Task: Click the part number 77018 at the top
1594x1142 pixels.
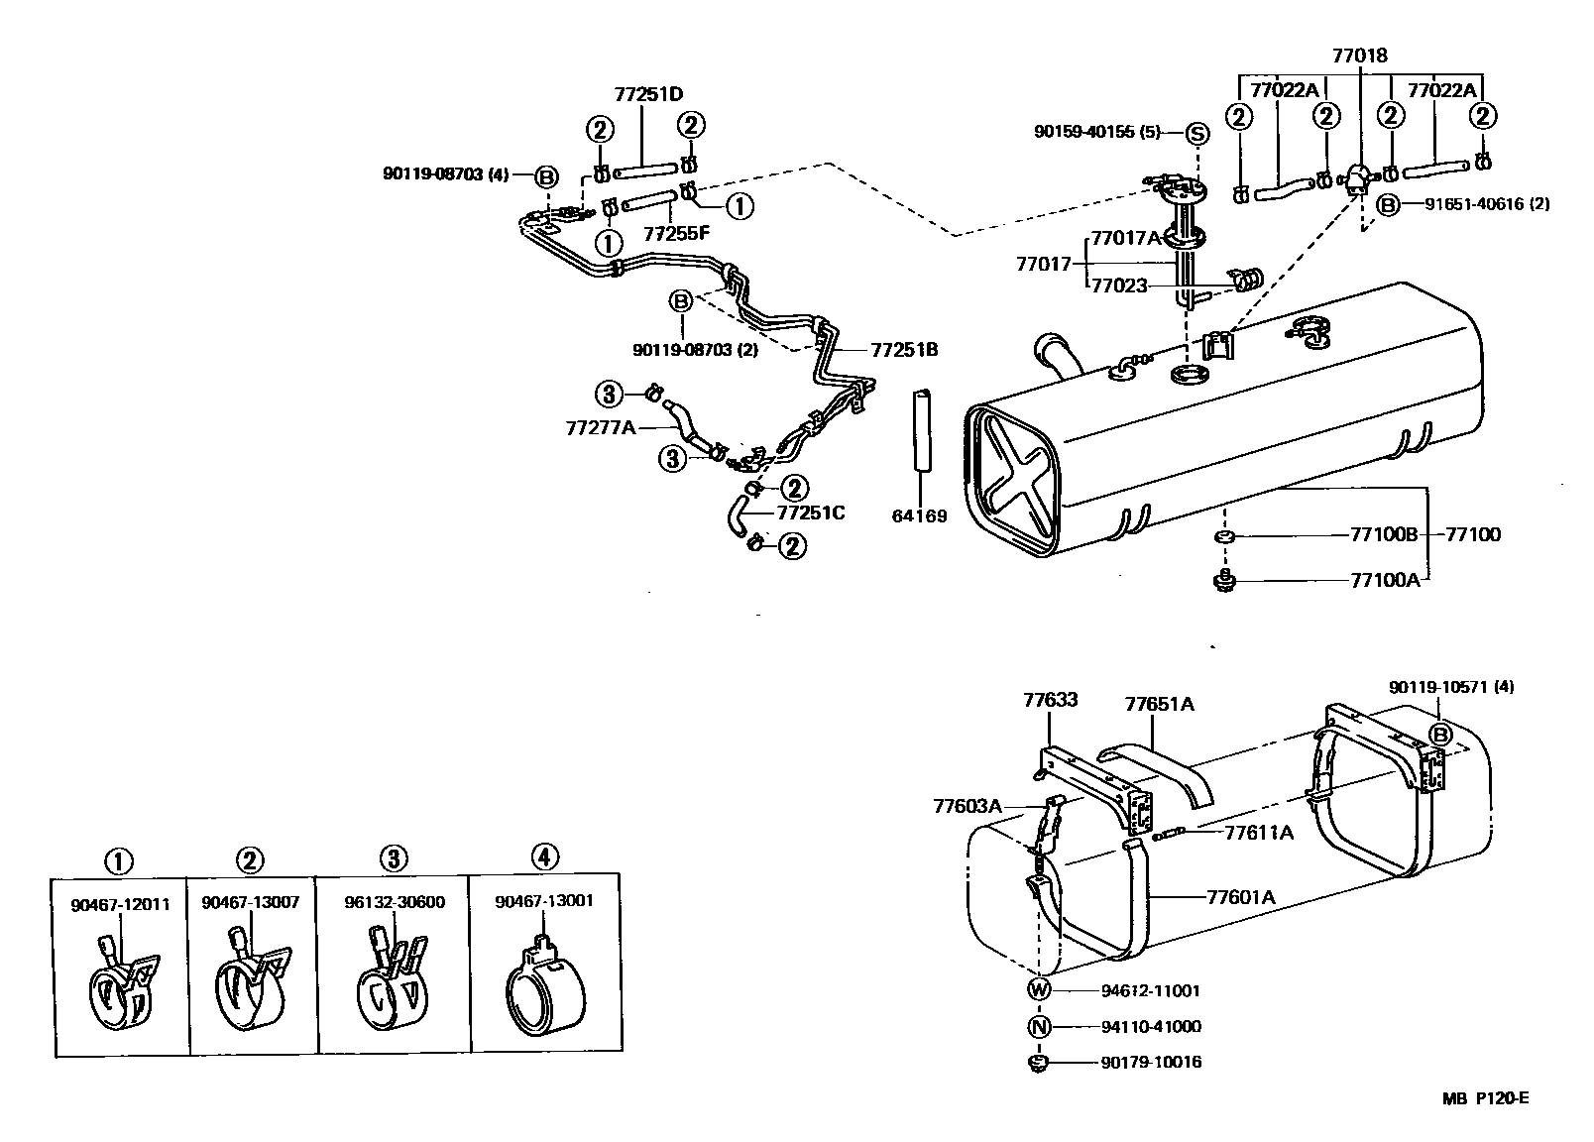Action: pyautogui.click(x=1359, y=57)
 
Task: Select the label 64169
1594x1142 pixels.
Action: pyautogui.click(x=921, y=516)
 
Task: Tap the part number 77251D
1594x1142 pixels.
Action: pyautogui.click(x=648, y=95)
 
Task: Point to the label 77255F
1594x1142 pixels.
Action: pyautogui.click(x=676, y=235)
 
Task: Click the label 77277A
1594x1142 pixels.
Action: pyautogui.click(x=600, y=427)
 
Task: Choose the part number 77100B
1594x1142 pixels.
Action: pyautogui.click(x=1385, y=535)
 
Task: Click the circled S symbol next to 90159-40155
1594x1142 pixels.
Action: pyautogui.click(x=1196, y=134)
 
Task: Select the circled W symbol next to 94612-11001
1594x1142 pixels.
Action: pyautogui.click(x=1039, y=989)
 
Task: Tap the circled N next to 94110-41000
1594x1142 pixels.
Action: pyautogui.click(x=1039, y=1027)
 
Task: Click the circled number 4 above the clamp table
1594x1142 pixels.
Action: pyautogui.click(x=544, y=856)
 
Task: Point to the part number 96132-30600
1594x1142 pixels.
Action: pyautogui.click(x=394, y=903)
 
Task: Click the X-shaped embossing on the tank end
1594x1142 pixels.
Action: pyautogui.click(x=1015, y=478)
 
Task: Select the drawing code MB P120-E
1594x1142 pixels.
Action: pyautogui.click(x=1485, y=1097)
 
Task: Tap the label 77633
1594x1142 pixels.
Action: pyautogui.click(x=1050, y=700)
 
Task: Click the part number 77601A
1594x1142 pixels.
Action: pyautogui.click(x=1240, y=898)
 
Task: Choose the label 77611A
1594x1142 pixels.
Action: pyautogui.click(x=1259, y=833)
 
